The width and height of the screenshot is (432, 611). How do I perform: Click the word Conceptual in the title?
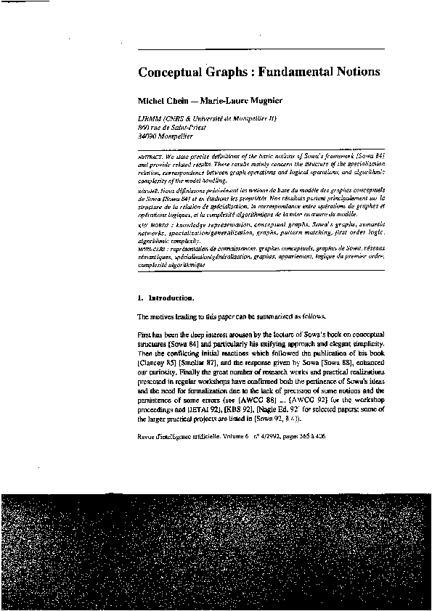pyautogui.click(x=168, y=73)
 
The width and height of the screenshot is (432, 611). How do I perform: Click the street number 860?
pyautogui.click(x=143, y=127)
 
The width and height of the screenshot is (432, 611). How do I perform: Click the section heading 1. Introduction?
pyautogui.click(x=166, y=298)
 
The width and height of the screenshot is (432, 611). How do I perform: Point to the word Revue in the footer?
pyautogui.click(x=147, y=437)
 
